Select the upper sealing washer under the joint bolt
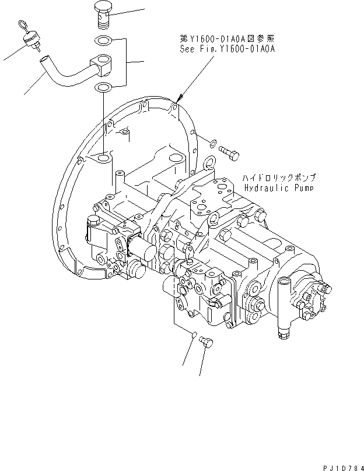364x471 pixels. (103, 41)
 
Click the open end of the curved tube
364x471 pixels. (43, 58)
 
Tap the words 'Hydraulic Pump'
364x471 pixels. (279, 188)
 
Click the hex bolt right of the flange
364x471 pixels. (229, 152)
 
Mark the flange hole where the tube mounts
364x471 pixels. (103, 158)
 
